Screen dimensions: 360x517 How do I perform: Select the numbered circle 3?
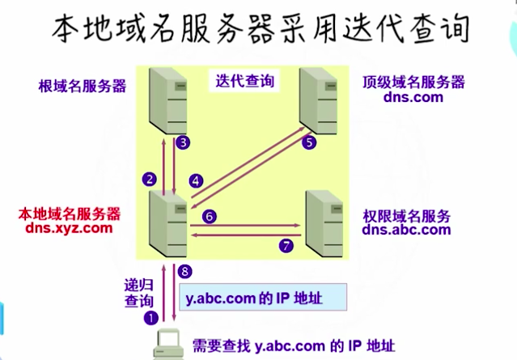(x=184, y=143)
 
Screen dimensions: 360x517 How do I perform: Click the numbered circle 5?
(x=308, y=142)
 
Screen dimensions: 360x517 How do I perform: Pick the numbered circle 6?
(x=209, y=217)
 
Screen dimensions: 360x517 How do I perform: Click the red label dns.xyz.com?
(x=68, y=228)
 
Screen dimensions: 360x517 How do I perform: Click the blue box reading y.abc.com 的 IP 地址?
(x=262, y=298)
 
